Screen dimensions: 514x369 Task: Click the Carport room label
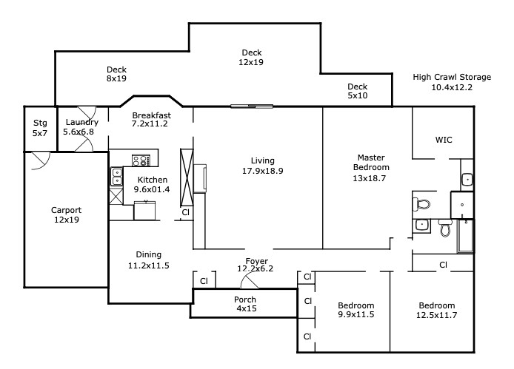(x=66, y=210)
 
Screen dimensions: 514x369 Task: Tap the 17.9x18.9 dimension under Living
(x=263, y=171)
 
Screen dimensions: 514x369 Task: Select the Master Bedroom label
(x=371, y=163)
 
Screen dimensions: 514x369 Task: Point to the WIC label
(x=444, y=141)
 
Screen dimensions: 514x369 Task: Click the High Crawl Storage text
(x=452, y=77)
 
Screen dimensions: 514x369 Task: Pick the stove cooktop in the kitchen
(x=141, y=160)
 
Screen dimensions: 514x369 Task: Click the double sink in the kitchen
(x=116, y=177)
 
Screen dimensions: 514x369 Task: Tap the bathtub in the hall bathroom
(x=465, y=236)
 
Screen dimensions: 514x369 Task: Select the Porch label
(x=245, y=299)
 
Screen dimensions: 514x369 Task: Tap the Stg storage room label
(x=40, y=123)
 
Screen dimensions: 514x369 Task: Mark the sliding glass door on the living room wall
(x=252, y=106)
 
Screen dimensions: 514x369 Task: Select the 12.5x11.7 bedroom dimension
(x=437, y=315)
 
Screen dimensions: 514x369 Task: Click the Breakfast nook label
(x=151, y=115)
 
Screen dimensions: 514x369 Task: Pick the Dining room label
(x=148, y=254)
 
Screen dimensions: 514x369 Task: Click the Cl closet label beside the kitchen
(x=186, y=212)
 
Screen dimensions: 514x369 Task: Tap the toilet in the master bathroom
(x=421, y=204)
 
